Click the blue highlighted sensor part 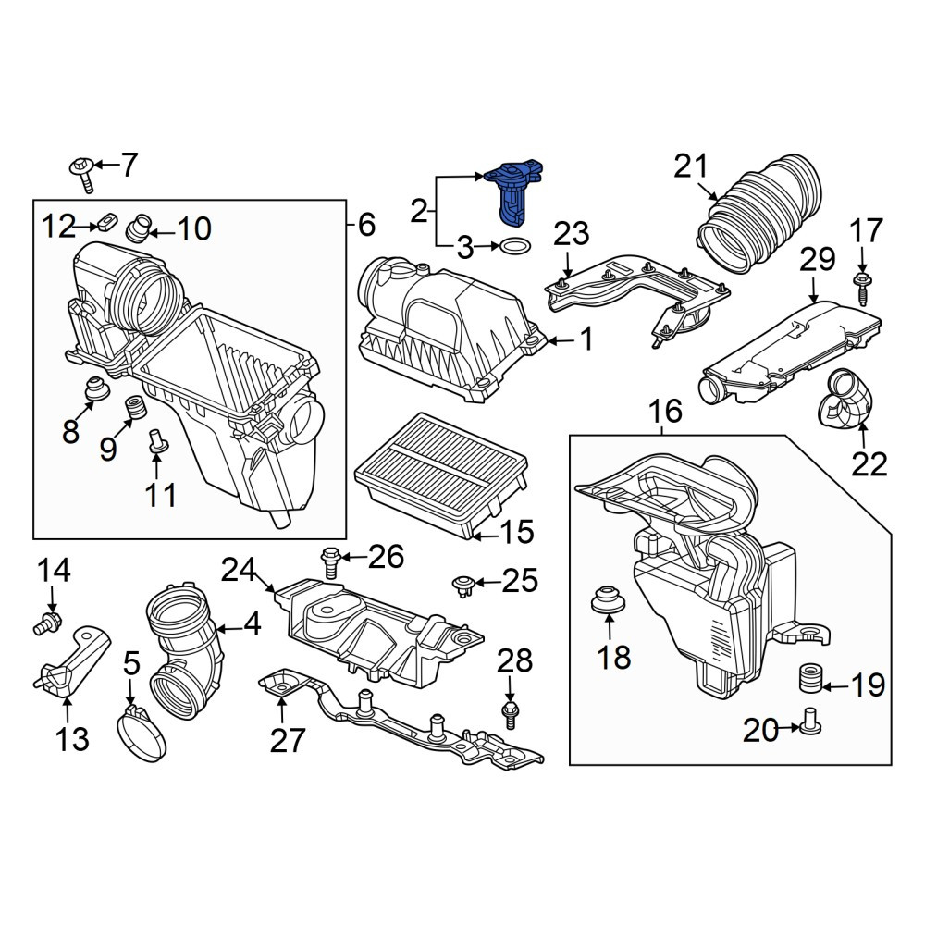click(x=512, y=191)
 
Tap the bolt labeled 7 click(x=82, y=175)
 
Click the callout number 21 click(x=690, y=166)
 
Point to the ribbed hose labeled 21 click(x=759, y=216)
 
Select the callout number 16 click(x=665, y=412)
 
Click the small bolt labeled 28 click(x=509, y=715)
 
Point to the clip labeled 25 click(x=463, y=586)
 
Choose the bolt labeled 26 click(x=330, y=561)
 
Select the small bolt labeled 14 click(x=47, y=622)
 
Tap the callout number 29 click(x=817, y=260)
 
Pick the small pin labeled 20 click(x=809, y=721)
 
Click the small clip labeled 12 click(x=106, y=222)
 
